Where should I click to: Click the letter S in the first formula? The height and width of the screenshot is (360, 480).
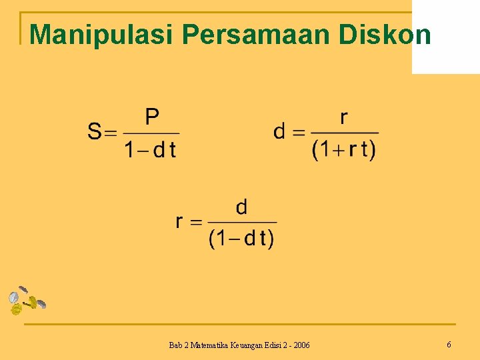point(95,131)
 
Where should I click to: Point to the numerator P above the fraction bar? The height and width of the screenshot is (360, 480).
point(152,117)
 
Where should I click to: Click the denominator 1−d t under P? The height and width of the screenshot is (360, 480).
point(151,149)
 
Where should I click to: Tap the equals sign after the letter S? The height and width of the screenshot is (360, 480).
point(111,132)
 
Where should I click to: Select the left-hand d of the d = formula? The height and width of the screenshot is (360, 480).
point(281,131)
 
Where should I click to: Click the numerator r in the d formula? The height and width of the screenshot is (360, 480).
point(343,117)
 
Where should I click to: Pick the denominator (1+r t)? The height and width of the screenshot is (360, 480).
point(344,149)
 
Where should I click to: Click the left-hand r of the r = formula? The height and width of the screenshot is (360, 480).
point(180,221)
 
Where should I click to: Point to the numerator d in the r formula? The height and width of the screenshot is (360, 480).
point(241,207)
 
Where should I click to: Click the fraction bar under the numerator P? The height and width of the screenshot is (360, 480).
point(152,133)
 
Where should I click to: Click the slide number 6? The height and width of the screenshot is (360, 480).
point(449,345)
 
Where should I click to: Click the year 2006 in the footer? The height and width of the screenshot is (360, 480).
point(299,345)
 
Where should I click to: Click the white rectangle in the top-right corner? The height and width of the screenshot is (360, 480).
point(445,37)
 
